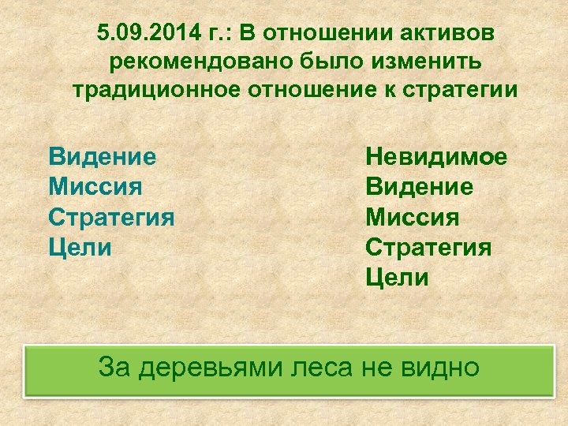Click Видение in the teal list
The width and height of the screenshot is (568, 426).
pos(102,156)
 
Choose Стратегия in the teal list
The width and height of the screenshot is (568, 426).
pos(111,217)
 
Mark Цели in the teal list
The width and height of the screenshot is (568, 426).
pos(80,247)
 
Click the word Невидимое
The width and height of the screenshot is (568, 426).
pos(436,156)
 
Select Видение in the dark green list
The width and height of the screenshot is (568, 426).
pos(419,186)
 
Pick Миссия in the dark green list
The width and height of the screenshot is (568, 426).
pos(413,217)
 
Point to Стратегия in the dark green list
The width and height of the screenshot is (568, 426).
pos(428,247)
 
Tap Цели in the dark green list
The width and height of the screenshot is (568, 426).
pos(397,278)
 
